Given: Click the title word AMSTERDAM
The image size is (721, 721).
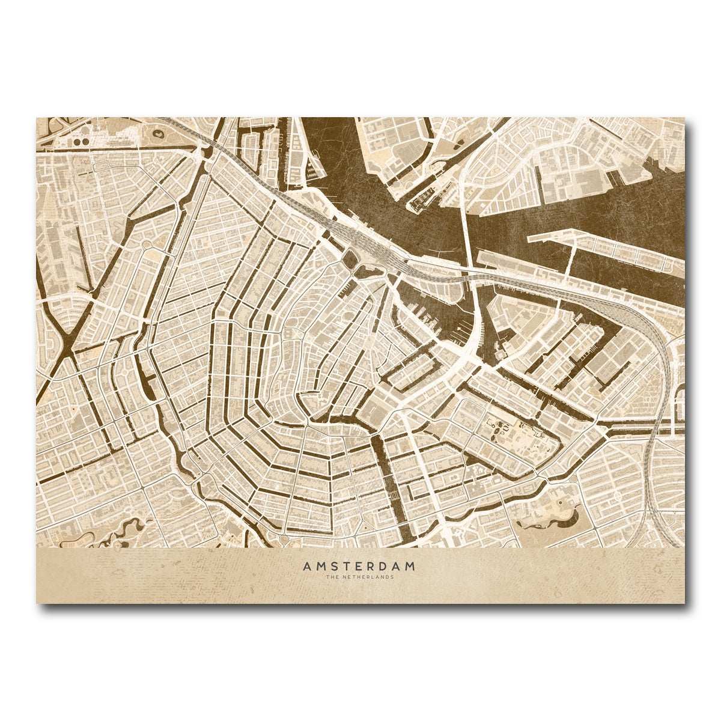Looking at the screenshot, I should click(359, 566).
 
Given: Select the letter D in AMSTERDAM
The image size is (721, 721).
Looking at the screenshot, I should click(382, 566).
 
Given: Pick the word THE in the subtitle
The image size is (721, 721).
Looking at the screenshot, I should click(332, 577).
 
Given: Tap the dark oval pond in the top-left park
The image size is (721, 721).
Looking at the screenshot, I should click(159, 134).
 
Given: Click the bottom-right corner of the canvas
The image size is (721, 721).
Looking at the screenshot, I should click(684, 603).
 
